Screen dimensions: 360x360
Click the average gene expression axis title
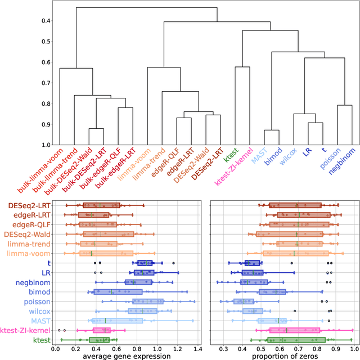[127, 355]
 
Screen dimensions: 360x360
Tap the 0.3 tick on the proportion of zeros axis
[223, 349]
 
